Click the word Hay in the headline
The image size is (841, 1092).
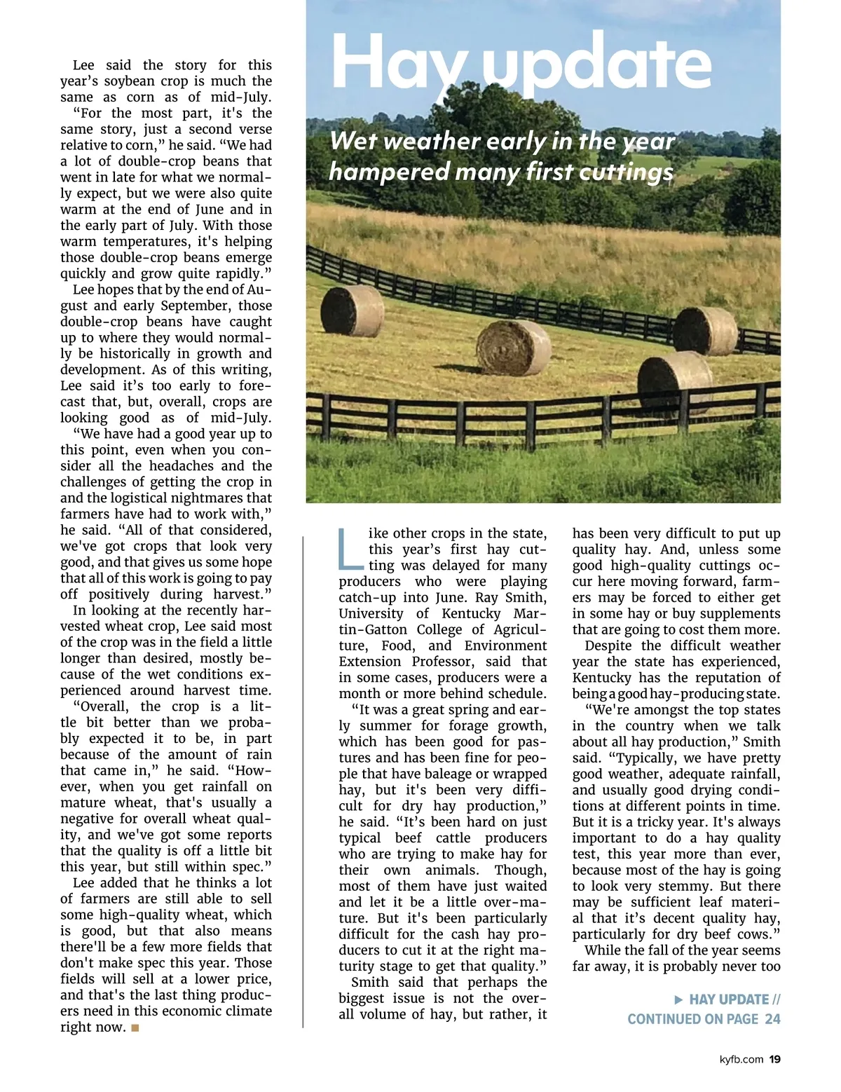coord(399,63)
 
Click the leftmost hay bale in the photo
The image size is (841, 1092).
coord(352,310)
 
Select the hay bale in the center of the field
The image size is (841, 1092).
coord(513,347)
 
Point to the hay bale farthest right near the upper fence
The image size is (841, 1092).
coord(705,331)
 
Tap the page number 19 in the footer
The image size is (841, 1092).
coord(774,1059)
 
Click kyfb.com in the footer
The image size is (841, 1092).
coord(741,1059)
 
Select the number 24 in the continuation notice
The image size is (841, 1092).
coord(772,1019)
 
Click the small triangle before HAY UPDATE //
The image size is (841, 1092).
coord(678,999)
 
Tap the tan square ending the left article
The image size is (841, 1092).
coord(135,1028)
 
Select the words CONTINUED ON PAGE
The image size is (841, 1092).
coord(692,1019)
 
